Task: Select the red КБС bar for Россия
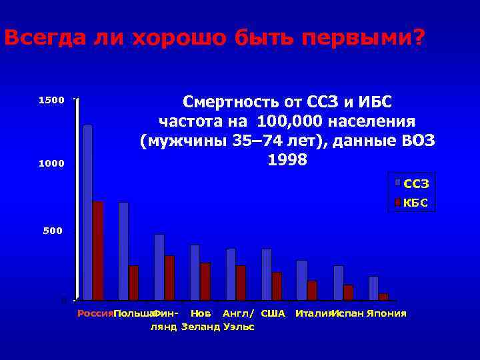(x=98, y=251)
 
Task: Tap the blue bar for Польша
(x=123, y=251)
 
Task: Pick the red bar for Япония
(x=383, y=297)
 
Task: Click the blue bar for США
(x=267, y=274)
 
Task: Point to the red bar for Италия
(x=312, y=290)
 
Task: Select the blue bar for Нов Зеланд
(x=195, y=272)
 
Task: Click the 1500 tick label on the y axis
(x=51, y=101)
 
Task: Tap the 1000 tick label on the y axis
(x=51, y=164)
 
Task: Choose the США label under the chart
(x=273, y=313)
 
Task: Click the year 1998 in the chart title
(x=287, y=161)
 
